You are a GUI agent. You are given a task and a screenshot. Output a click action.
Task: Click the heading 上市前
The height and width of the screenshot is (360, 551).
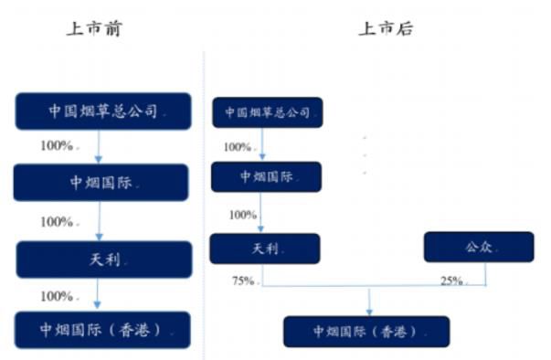(x=94, y=28)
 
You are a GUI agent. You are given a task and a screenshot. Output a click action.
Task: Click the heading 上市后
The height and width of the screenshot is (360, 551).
(x=385, y=28)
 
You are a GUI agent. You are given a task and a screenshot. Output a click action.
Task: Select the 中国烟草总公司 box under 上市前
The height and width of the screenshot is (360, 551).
(x=102, y=111)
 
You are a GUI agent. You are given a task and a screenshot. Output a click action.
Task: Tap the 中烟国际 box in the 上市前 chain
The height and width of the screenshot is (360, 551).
(x=101, y=183)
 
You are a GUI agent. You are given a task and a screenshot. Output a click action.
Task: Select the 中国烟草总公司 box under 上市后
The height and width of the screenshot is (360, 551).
(x=267, y=112)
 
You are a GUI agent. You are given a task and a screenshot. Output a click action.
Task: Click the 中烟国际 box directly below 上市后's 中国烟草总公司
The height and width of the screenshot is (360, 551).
(x=266, y=176)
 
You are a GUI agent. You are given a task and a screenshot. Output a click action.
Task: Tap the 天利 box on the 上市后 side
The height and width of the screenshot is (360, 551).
(x=265, y=249)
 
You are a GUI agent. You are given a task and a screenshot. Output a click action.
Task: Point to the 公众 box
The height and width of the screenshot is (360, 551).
(x=479, y=247)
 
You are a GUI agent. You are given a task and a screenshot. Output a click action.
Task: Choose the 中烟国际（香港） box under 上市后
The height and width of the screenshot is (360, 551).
(x=366, y=331)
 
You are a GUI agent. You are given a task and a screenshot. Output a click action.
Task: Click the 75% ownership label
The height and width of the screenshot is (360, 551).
(x=243, y=281)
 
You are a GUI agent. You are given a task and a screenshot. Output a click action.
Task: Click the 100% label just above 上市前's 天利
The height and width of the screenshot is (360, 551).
(x=58, y=221)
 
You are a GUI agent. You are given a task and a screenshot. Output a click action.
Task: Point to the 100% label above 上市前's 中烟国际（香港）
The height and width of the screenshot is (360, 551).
(x=58, y=296)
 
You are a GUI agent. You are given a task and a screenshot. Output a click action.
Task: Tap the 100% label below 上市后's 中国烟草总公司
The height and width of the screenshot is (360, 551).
(x=238, y=146)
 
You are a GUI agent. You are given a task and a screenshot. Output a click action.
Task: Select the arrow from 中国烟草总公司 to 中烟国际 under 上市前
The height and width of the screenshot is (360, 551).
(x=99, y=146)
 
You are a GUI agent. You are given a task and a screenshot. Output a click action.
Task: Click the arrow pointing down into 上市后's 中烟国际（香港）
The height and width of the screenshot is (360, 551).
(x=369, y=302)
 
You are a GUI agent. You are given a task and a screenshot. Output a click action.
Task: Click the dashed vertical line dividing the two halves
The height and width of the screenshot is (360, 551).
(x=203, y=201)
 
